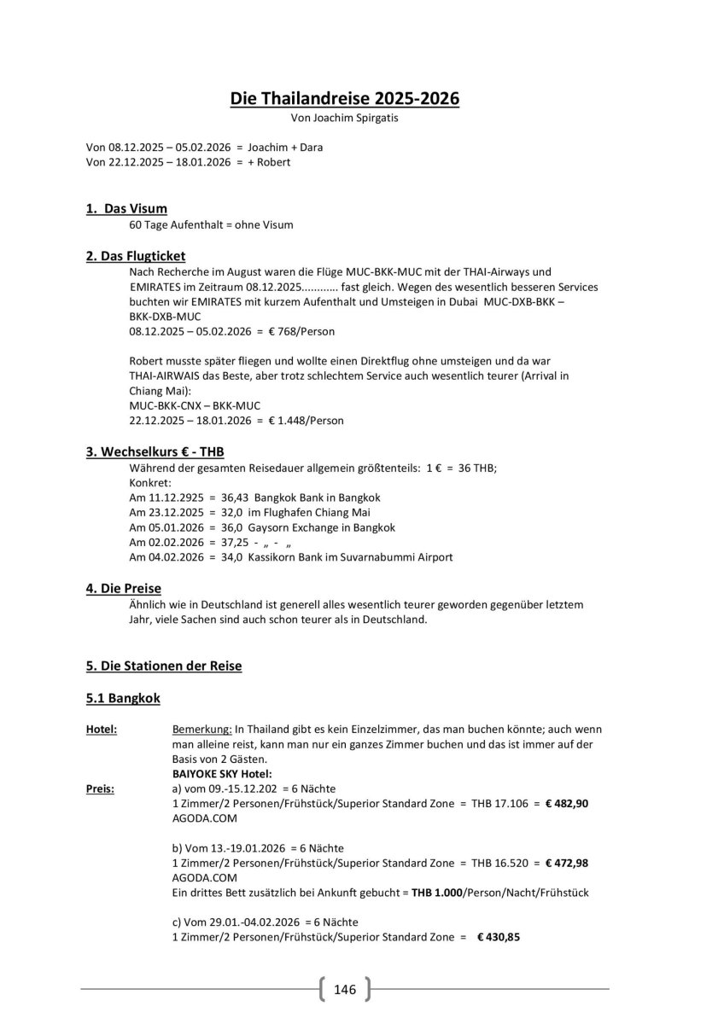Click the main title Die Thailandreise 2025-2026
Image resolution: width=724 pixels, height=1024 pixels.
(344, 99)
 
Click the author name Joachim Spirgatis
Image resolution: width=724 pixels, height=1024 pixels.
(357, 119)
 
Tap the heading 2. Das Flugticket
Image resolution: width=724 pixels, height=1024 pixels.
(136, 255)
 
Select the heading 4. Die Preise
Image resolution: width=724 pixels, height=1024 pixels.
(124, 588)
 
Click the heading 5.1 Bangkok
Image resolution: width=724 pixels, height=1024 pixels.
(123, 698)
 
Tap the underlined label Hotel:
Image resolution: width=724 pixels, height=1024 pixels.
(102, 730)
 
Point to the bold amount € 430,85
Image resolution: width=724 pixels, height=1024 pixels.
(498, 936)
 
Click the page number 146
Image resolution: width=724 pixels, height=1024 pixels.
(345, 990)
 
